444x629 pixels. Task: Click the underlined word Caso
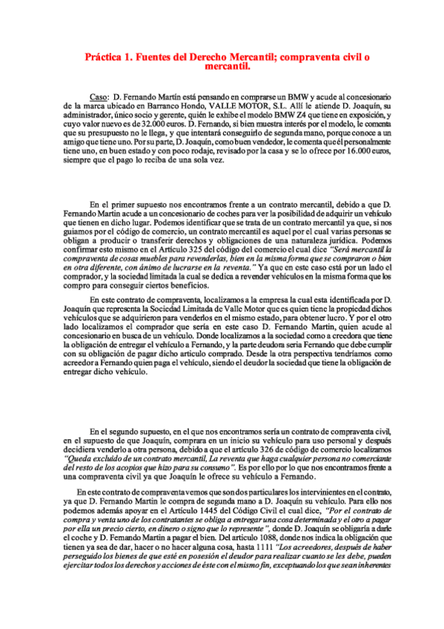(99, 97)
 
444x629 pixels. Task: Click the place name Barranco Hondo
(155, 106)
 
